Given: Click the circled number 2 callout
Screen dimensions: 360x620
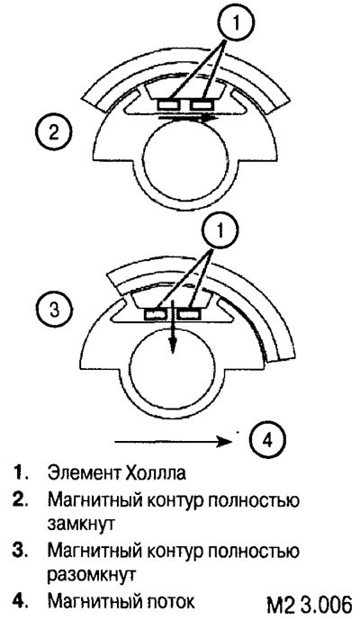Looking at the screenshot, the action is pyautogui.click(x=53, y=131).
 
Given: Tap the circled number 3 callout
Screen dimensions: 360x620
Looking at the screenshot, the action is pyautogui.click(x=54, y=309).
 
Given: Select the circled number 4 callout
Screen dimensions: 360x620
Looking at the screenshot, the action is pyautogui.click(x=268, y=440).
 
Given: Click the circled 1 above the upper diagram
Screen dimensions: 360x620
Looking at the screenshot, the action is pyautogui.click(x=236, y=23).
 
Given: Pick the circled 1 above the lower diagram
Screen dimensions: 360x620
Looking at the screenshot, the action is pyautogui.click(x=220, y=229).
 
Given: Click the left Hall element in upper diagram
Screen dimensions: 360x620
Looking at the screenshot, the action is pyautogui.click(x=169, y=104).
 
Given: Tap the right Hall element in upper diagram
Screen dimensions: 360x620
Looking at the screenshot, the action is pyautogui.click(x=202, y=104).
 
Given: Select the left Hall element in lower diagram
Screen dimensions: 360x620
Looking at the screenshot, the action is pyautogui.click(x=155, y=314).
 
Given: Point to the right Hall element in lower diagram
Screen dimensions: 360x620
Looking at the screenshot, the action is pyautogui.click(x=189, y=314).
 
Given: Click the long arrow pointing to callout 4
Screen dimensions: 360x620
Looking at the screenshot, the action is pyautogui.click(x=173, y=441).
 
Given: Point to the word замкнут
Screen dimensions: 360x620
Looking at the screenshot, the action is pyautogui.click(x=81, y=524).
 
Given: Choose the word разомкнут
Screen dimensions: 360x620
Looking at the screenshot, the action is pyautogui.click(x=92, y=574).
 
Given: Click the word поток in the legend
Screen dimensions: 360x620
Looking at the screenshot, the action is pyautogui.click(x=169, y=601).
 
